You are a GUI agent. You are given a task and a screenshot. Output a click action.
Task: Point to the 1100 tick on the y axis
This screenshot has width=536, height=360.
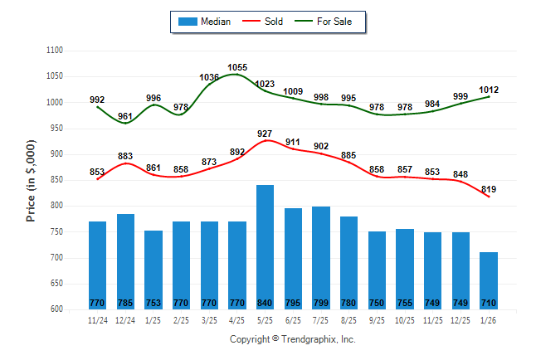coord(56,51)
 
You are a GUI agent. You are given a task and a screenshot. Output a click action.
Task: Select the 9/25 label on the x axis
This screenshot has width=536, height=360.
coord(377,319)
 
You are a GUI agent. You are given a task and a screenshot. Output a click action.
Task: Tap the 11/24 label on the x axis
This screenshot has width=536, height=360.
coord(98,319)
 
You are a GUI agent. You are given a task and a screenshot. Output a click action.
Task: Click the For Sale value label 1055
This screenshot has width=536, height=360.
coord(237,67)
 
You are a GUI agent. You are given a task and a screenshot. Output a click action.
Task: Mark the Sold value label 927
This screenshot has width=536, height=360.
coord(265,134)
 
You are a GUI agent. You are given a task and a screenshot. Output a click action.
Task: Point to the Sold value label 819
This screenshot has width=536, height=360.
coord(489,189)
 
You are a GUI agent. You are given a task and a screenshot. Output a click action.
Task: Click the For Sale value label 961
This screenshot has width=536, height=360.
coord(125,116)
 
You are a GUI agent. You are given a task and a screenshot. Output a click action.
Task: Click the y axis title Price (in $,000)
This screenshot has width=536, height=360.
coord(31,179)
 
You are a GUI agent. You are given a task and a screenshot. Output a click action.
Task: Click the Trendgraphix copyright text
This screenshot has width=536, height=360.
coord(292,340)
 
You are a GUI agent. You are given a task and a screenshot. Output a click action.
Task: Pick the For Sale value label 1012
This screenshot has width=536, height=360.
coord(489,90)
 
